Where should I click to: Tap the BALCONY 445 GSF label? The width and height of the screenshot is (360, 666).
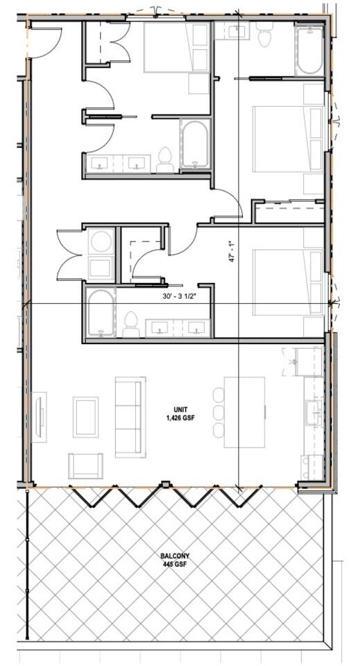point(175,560)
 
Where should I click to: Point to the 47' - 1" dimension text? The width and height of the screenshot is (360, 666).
point(231,252)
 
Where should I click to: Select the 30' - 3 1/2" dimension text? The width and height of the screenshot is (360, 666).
point(181,298)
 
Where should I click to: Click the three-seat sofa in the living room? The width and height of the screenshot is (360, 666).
point(130,417)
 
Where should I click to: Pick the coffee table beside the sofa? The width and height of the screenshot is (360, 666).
point(85,417)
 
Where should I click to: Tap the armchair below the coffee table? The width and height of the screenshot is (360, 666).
point(85,466)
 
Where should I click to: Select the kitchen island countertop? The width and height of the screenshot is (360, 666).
point(245,412)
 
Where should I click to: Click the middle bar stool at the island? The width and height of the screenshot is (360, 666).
point(218,412)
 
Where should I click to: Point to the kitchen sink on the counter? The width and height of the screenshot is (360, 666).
point(314,412)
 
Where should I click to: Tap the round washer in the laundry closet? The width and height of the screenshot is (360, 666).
point(101,241)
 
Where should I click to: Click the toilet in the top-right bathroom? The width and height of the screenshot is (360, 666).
point(265,33)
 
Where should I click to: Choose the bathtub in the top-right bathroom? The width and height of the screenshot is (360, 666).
point(309,50)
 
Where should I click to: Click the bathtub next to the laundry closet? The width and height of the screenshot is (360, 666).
point(101,313)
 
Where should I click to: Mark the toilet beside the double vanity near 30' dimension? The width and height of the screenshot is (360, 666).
point(131,325)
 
